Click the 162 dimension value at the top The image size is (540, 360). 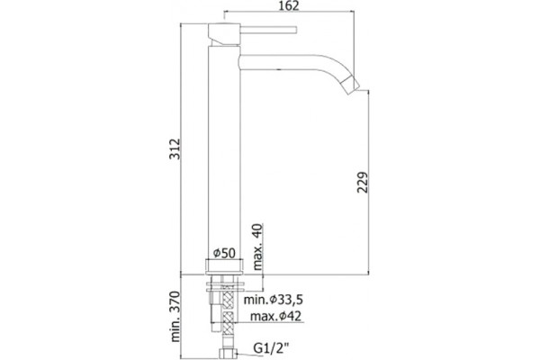click(289, 6)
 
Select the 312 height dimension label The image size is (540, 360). click(175, 148)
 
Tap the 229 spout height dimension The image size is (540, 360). click(363, 182)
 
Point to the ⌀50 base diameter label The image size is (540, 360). click(224, 253)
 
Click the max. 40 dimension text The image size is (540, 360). click(257, 247)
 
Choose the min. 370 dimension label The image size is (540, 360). click(175, 317)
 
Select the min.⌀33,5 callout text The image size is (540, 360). click(274, 300)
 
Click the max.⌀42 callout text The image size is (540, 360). click(275, 316)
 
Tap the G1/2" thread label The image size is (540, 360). click(271, 348)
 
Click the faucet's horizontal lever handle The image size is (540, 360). click(268, 30)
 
